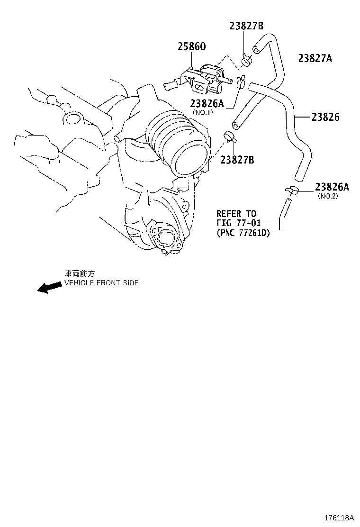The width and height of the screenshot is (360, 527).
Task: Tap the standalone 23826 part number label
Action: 325,117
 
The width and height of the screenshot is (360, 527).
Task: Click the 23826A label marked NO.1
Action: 207,103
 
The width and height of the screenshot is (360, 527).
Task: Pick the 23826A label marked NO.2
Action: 332,187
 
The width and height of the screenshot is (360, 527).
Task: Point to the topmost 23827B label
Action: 247,26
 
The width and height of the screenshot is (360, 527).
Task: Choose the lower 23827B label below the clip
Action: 237,160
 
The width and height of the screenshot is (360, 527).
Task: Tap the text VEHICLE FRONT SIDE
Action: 101,283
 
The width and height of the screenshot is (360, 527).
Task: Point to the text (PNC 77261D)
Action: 243,233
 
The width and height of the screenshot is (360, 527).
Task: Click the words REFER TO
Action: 236,214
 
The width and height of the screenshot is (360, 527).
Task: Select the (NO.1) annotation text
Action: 203,112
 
